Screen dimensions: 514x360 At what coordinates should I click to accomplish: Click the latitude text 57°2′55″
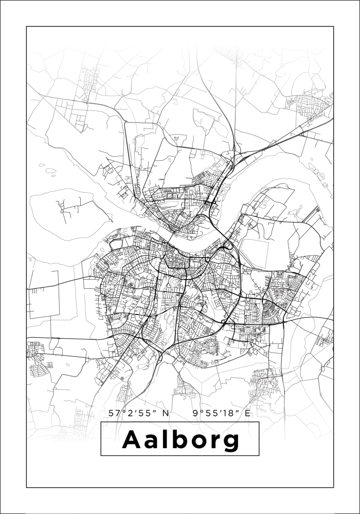click(133, 413)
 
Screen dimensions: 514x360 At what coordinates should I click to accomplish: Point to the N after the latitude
click(166, 413)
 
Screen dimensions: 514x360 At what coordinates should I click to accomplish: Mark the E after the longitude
click(248, 413)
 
